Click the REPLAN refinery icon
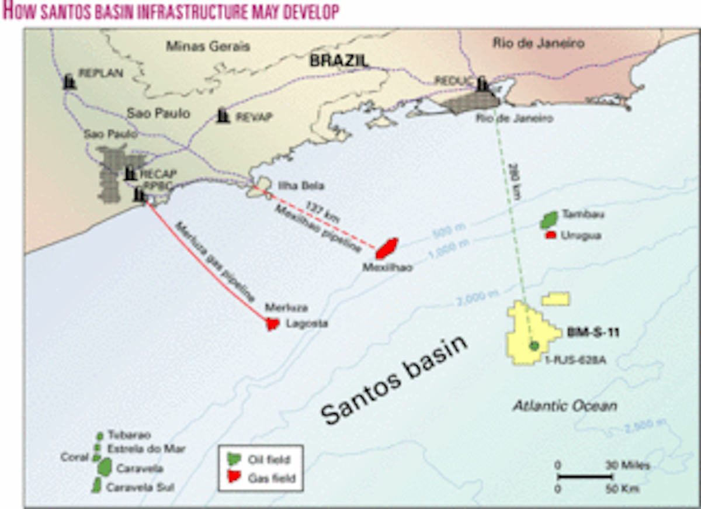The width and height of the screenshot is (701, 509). coord(70,82)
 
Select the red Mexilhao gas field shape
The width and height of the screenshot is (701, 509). coord(387,248)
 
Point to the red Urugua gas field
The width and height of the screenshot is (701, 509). coord(550,235)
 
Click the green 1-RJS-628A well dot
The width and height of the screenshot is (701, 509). coord(534,346)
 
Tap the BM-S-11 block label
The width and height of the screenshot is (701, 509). coord(593,333)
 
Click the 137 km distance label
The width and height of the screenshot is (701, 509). coord(319,209)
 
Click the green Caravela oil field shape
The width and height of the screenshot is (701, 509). coord(105,466)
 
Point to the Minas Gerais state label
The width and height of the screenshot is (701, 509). coord(208,46)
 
